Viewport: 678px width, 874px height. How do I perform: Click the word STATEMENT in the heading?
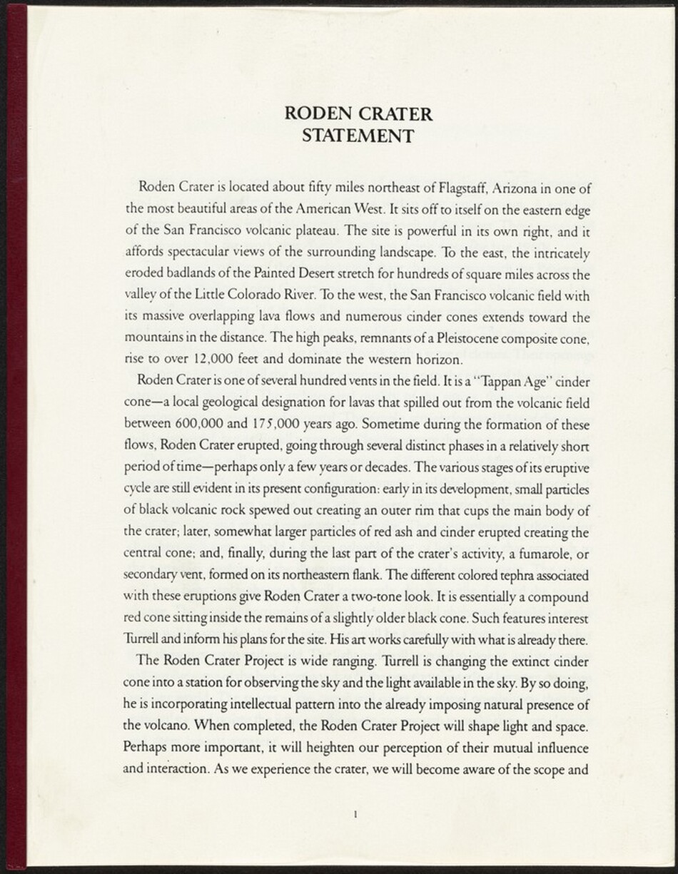coord(358,135)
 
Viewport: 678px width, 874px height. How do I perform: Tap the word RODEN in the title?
coord(315,113)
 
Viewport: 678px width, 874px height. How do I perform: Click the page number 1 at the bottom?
coord(355,813)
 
